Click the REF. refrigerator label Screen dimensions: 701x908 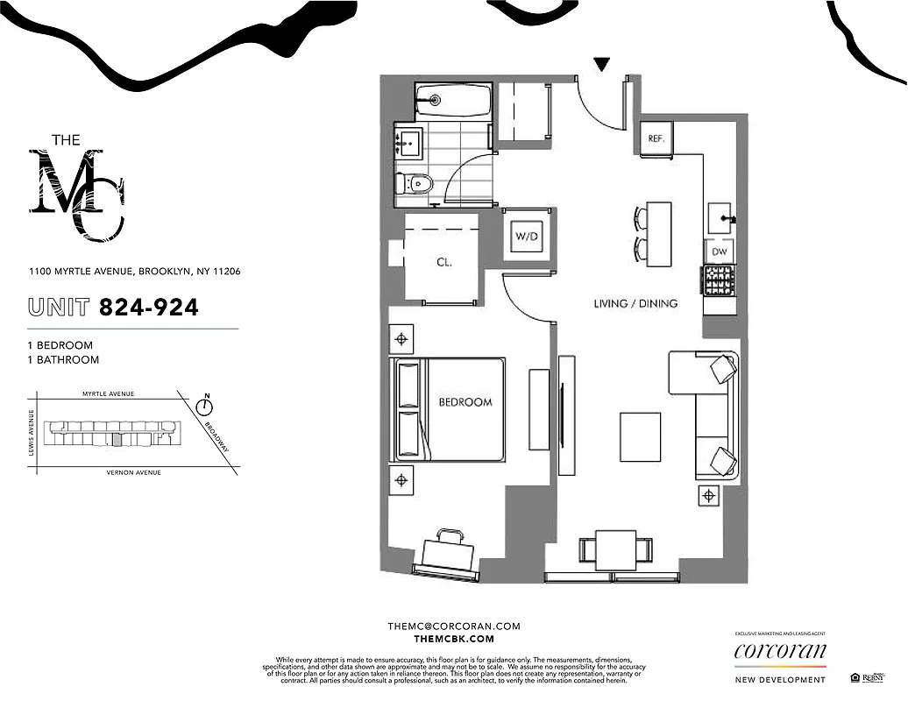pyautogui.click(x=657, y=138)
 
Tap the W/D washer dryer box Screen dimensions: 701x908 pyautogui.click(x=526, y=237)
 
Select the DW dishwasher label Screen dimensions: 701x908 pyautogui.click(x=720, y=251)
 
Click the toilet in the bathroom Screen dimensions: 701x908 pyautogui.click(x=413, y=184)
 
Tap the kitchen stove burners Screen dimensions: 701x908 pyautogui.click(x=719, y=280)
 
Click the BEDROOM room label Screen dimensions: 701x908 pyautogui.click(x=465, y=402)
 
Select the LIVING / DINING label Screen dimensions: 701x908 pyautogui.click(x=635, y=304)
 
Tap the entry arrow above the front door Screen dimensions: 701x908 pyautogui.click(x=602, y=64)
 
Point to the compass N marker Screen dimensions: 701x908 pyautogui.click(x=205, y=405)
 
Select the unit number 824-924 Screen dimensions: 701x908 pyautogui.click(x=148, y=308)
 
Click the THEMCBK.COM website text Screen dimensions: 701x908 pyautogui.click(x=454, y=640)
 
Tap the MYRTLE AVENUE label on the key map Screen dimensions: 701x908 pyautogui.click(x=108, y=394)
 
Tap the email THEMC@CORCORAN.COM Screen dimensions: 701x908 pyautogui.click(x=454, y=627)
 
